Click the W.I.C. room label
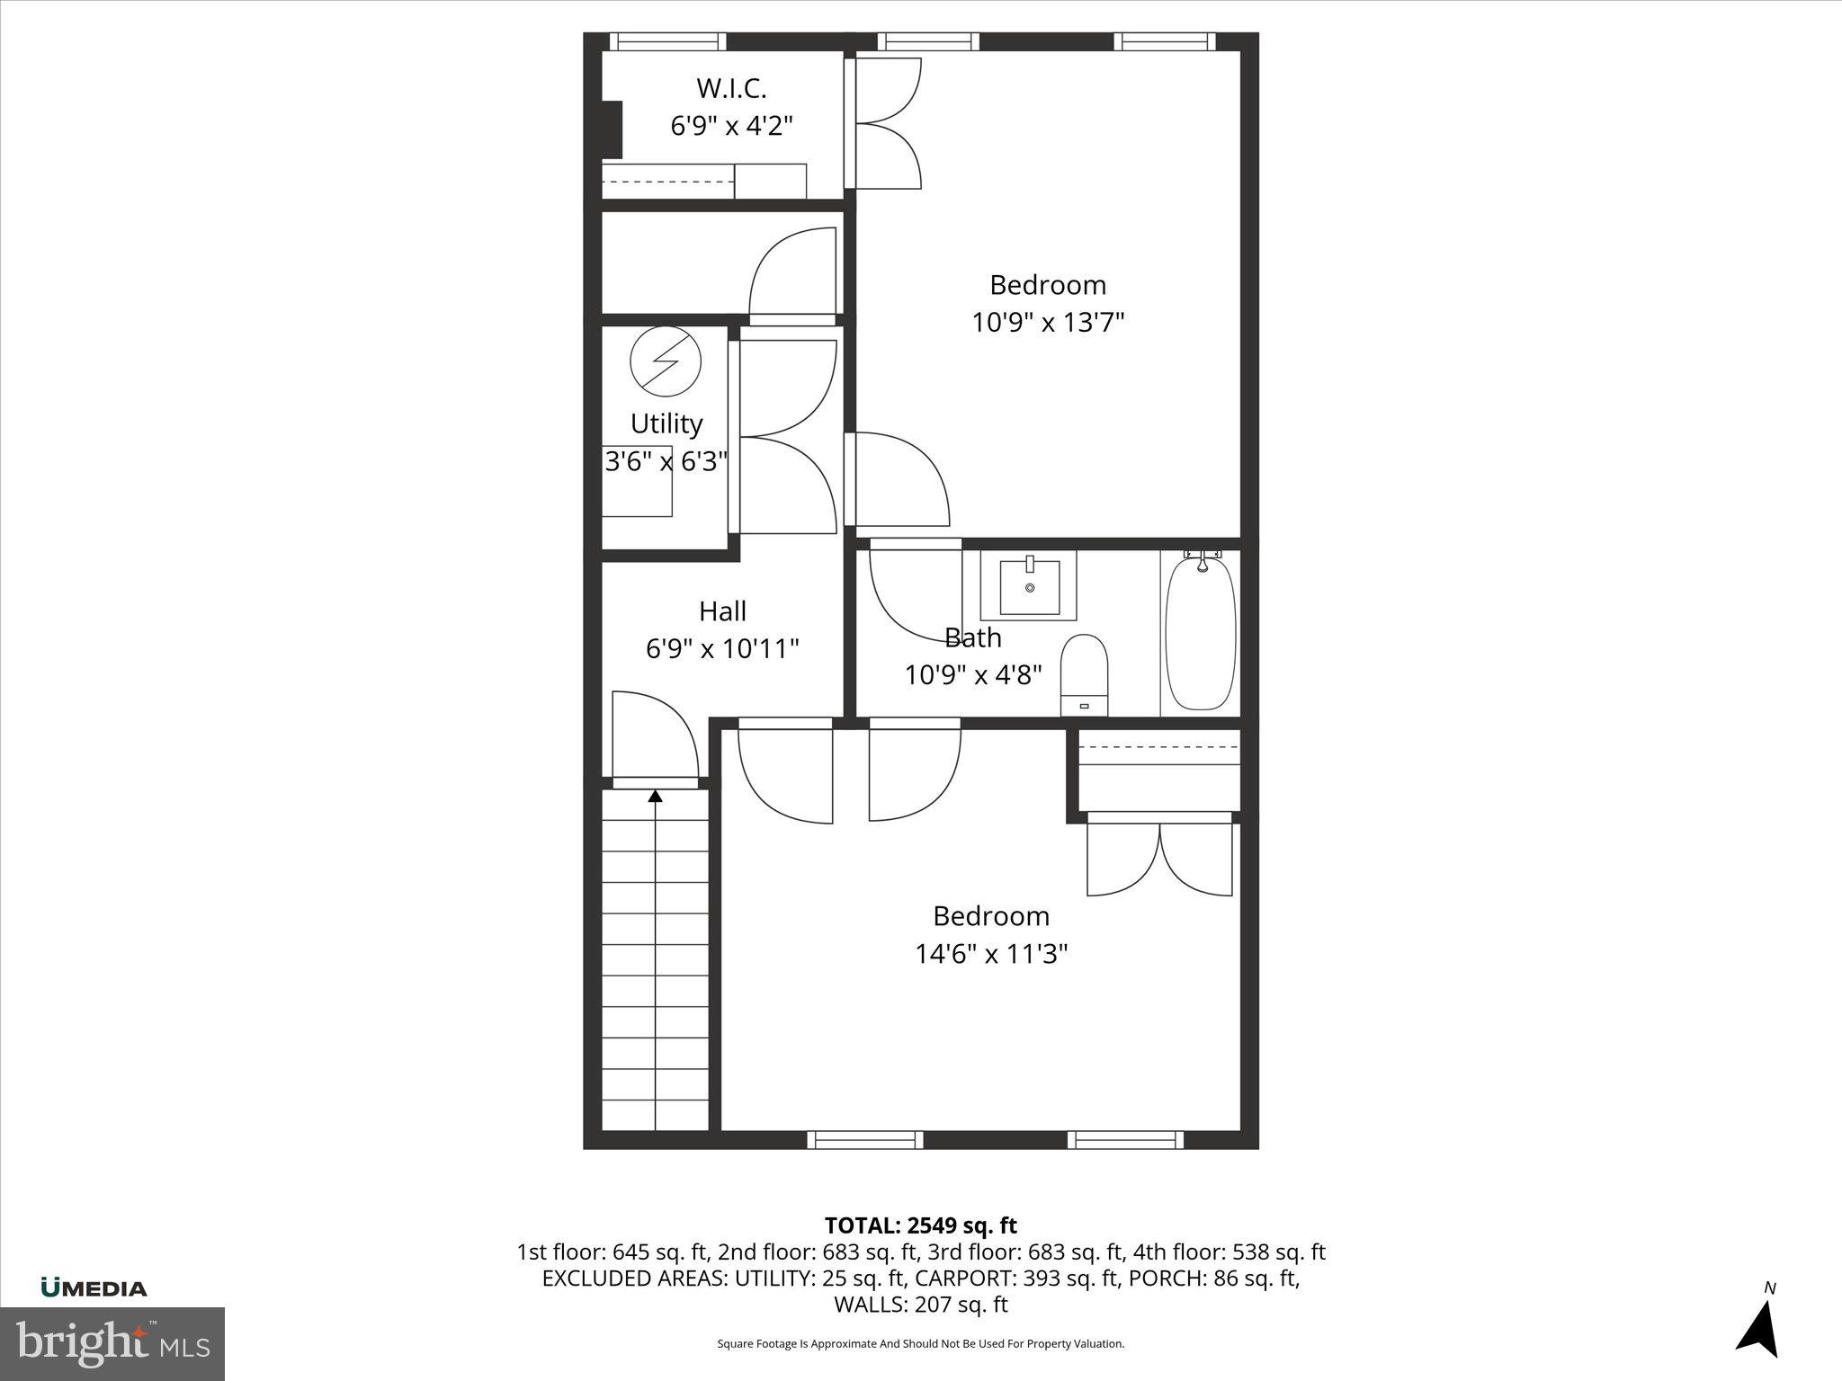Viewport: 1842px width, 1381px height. pyautogui.click(x=731, y=88)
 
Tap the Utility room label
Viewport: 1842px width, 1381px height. pyautogui.click(x=666, y=423)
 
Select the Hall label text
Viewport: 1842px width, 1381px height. pyautogui.click(x=722, y=611)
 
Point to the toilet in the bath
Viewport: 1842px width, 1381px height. pyautogui.click(x=1084, y=673)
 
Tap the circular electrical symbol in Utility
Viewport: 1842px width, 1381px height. pyautogui.click(x=665, y=361)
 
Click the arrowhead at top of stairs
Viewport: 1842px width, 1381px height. pyautogui.click(x=656, y=796)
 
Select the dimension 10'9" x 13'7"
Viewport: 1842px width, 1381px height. pyautogui.click(x=1048, y=322)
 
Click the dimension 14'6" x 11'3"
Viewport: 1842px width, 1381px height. pyautogui.click(x=991, y=953)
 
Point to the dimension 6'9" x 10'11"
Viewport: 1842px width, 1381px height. pyautogui.click(x=722, y=648)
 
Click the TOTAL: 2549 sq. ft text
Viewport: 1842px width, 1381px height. pyautogui.click(x=920, y=1225)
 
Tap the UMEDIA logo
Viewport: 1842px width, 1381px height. pyautogui.click(x=94, y=1288)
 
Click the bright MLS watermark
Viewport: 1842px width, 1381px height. pyautogui.click(x=112, y=1344)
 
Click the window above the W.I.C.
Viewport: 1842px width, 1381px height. pyautogui.click(x=667, y=41)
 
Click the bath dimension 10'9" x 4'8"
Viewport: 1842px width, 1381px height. pyautogui.click(x=973, y=674)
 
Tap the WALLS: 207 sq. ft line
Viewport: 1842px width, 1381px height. pyautogui.click(x=920, y=1305)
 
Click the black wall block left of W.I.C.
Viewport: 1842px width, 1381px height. pyautogui.click(x=611, y=130)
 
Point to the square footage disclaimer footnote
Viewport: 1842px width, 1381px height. pyautogui.click(x=920, y=1344)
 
